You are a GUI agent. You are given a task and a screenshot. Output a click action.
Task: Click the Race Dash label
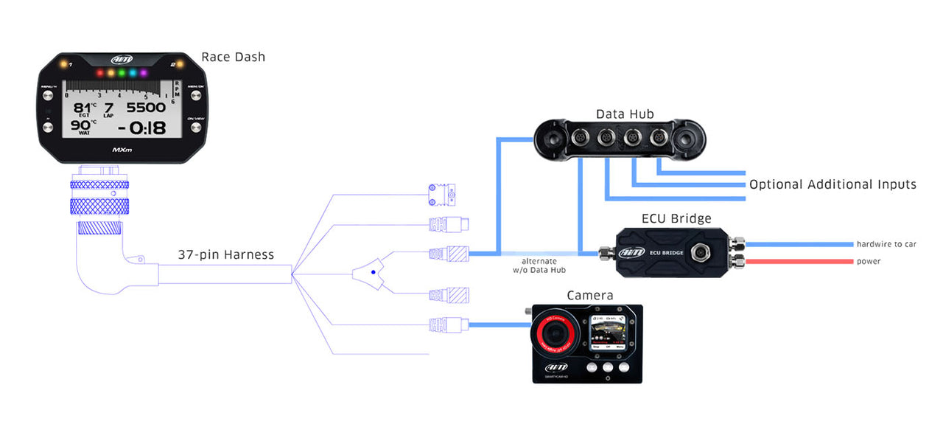233,57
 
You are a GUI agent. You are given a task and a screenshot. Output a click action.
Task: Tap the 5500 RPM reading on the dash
141,108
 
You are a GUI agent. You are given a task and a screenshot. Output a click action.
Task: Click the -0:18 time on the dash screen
136,128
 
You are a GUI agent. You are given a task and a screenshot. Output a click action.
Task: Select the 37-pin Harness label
225,255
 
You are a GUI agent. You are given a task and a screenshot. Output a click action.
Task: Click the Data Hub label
625,114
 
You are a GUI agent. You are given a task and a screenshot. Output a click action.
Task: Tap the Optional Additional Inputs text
832,184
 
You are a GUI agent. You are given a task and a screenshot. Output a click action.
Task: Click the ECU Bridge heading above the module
676,218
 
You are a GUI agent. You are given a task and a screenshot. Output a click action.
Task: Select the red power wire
799,261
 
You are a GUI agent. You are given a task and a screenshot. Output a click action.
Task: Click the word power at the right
868,261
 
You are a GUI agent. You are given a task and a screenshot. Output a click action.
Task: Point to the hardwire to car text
886,244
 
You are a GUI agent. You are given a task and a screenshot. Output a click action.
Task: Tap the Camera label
590,296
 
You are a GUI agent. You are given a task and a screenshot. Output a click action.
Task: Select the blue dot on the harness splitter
374,273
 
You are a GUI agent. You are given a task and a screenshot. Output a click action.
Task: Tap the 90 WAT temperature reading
80,126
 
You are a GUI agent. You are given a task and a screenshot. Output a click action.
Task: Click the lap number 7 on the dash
108,108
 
